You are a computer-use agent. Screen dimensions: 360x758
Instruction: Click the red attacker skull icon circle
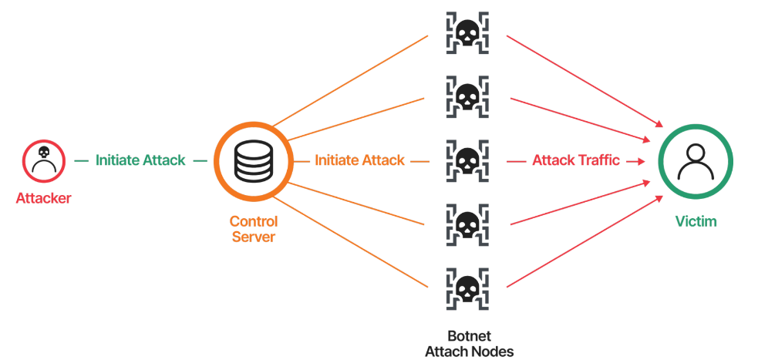(x=43, y=160)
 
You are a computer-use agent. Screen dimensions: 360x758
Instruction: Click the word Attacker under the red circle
(x=43, y=199)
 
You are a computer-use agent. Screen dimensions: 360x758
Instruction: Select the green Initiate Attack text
(x=140, y=160)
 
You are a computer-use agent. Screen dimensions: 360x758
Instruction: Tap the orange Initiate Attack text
(x=359, y=160)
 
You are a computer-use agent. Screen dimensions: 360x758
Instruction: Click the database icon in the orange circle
(x=253, y=160)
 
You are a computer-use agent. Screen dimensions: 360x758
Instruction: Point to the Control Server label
(x=253, y=229)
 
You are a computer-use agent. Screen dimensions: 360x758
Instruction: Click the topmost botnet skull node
(x=465, y=32)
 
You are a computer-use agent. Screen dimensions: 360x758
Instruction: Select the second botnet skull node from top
(x=465, y=96)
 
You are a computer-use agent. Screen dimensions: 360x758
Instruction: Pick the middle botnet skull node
(x=465, y=160)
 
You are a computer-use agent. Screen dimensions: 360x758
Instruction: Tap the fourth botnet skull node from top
(x=465, y=224)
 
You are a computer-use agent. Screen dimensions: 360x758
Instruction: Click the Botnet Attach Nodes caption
(x=469, y=344)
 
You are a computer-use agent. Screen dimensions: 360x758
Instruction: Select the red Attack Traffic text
(x=575, y=160)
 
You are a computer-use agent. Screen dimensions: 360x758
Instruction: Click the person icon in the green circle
(x=695, y=160)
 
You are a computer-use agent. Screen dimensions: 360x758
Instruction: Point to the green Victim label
(x=695, y=222)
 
